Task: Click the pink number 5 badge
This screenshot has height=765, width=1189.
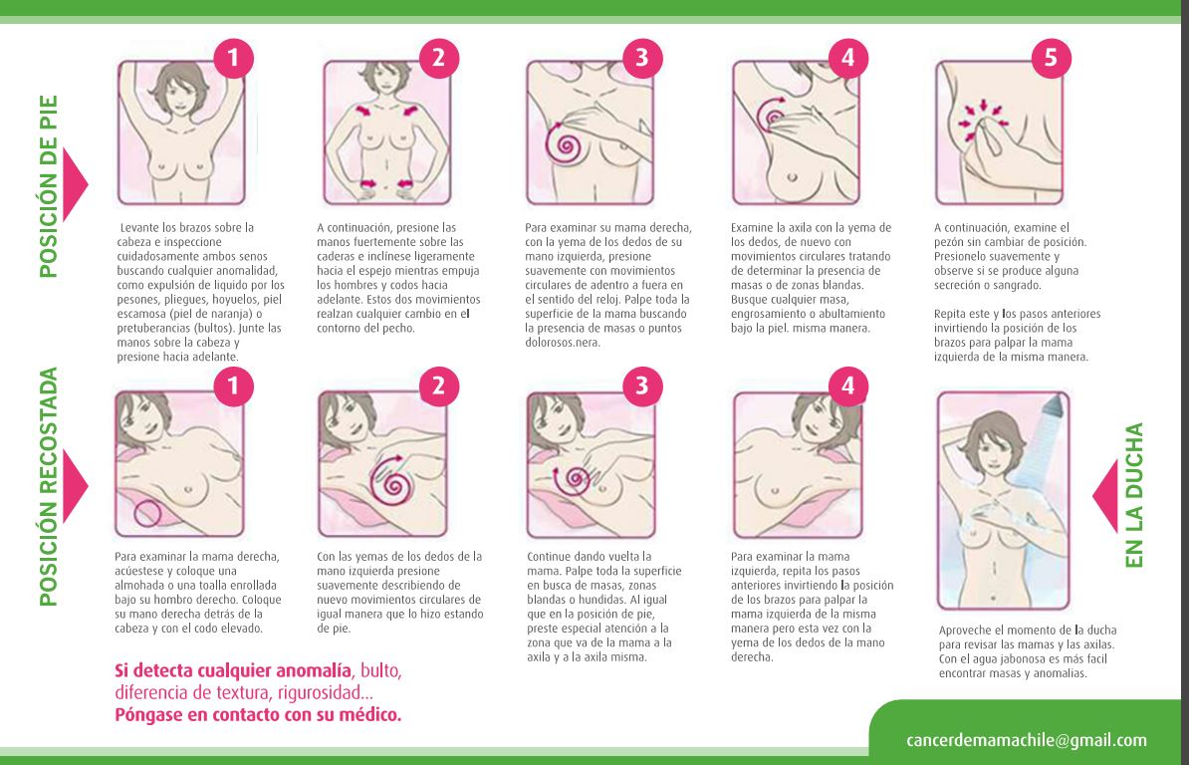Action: (x=1051, y=58)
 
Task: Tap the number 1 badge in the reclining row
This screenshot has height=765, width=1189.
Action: (x=233, y=385)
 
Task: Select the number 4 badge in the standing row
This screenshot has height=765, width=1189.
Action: (x=847, y=58)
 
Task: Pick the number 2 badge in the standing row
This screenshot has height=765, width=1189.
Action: (x=438, y=58)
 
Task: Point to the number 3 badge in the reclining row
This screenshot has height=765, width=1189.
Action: (x=642, y=385)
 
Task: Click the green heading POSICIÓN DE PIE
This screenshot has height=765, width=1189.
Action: (x=48, y=185)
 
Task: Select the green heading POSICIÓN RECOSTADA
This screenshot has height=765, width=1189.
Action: (x=48, y=487)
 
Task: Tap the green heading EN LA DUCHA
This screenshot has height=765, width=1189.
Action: (x=1133, y=495)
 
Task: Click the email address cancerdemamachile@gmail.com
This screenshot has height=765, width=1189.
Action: (x=1026, y=740)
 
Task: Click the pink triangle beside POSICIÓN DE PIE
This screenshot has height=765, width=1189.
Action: (x=74, y=184)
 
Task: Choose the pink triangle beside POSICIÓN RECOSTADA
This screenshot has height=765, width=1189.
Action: (x=74, y=486)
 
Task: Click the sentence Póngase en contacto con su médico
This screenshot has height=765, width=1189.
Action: (x=258, y=715)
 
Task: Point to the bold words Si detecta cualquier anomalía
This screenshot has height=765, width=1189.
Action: (x=233, y=671)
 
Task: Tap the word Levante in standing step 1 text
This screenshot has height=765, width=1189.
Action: (x=138, y=227)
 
